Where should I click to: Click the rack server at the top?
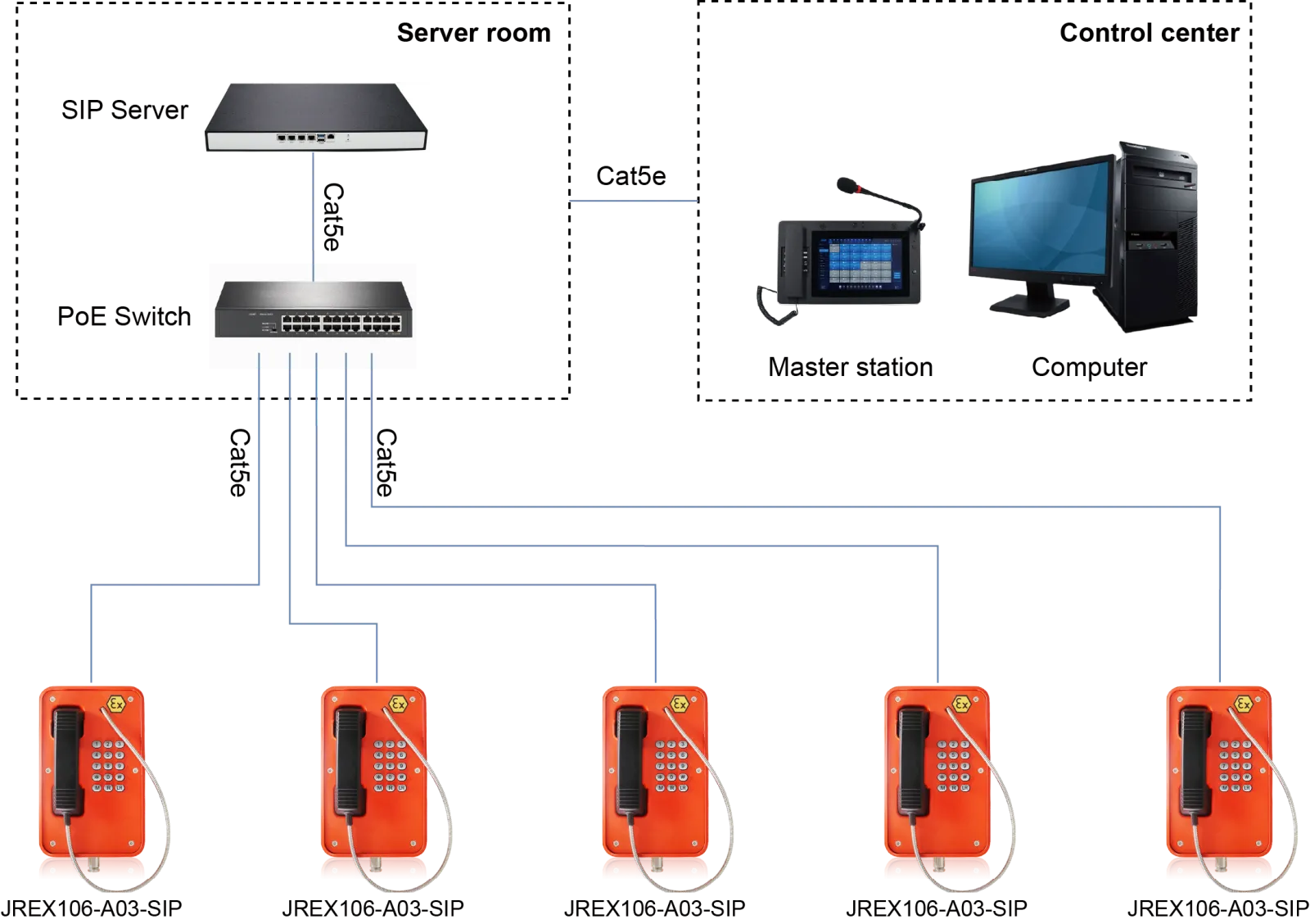(317, 117)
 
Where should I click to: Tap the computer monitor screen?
(1038, 220)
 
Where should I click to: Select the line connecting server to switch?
(312, 209)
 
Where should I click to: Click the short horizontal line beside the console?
(632, 199)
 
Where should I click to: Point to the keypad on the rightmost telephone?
(1234, 765)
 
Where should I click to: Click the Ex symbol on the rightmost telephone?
(1243, 704)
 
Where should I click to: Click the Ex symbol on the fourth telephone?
(960, 704)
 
